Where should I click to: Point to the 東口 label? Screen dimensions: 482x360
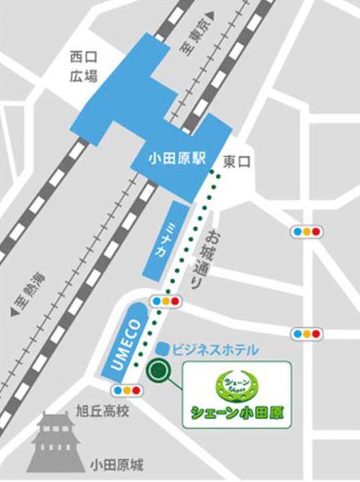point(237,162)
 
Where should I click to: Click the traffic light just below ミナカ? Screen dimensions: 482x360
point(167,302)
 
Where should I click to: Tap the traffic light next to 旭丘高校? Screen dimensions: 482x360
point(127,390)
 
